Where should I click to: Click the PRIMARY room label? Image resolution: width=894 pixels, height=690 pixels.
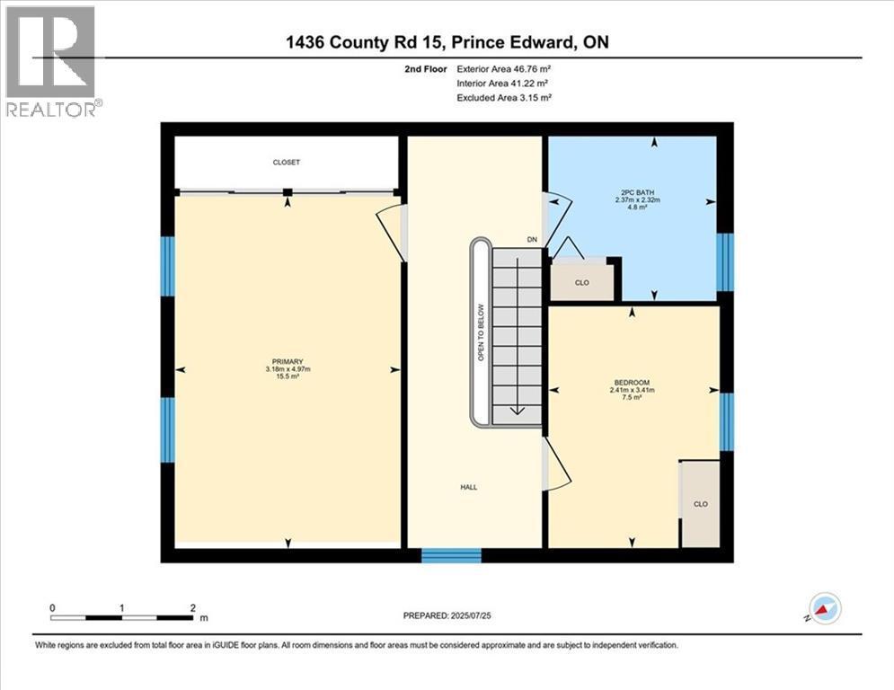[288, 361]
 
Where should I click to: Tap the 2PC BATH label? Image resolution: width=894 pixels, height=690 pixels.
[637, 193]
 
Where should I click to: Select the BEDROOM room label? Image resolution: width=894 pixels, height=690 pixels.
[632, 383]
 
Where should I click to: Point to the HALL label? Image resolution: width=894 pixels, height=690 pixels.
[469, 487]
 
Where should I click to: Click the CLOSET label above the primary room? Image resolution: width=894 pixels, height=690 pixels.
[287, 163]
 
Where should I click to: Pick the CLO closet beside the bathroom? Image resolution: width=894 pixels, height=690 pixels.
[582, 283]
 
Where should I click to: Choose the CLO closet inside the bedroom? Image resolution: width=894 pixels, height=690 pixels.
[701, 504]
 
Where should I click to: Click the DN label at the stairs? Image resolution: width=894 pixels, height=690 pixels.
[532, 240]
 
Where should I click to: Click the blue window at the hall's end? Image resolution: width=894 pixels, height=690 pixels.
[452, 555]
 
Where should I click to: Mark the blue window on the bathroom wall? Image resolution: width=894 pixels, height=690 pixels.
[725, 262]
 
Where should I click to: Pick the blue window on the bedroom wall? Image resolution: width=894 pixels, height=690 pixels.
[726, 422]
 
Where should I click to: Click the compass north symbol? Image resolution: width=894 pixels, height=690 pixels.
[824, 608]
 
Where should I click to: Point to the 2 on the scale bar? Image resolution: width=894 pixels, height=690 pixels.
[193, 608]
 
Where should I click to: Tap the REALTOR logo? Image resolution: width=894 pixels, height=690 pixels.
[52, 61]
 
